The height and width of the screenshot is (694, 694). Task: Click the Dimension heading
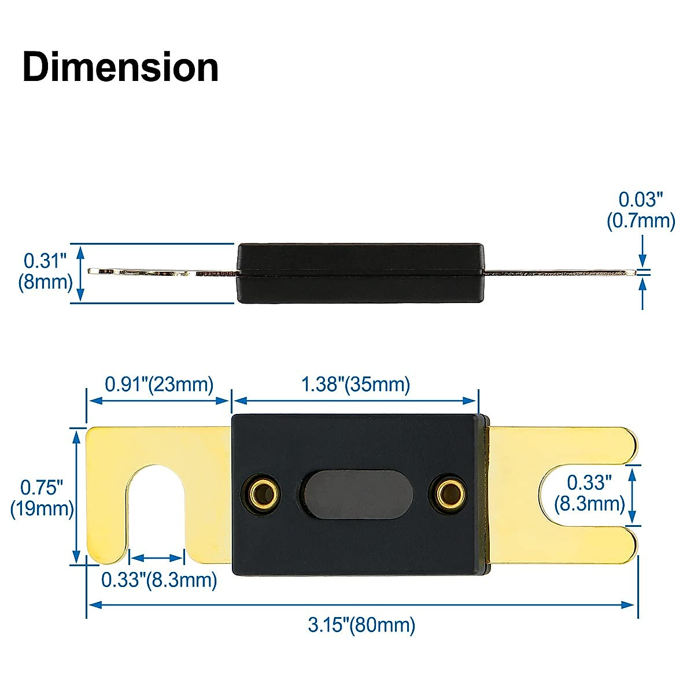(x=120, y=68)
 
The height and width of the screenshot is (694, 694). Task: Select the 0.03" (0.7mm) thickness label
(x=641, y=210)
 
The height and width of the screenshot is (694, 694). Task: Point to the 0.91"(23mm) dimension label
(x=159, y=384)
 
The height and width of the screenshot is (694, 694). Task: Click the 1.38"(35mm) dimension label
(x=356, y=384)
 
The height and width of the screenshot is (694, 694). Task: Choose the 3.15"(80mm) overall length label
(x=361, y=625)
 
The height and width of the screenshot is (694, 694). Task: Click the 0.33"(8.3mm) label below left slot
(x=159, y=579)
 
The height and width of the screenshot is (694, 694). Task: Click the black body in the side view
(x=360, y=273)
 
